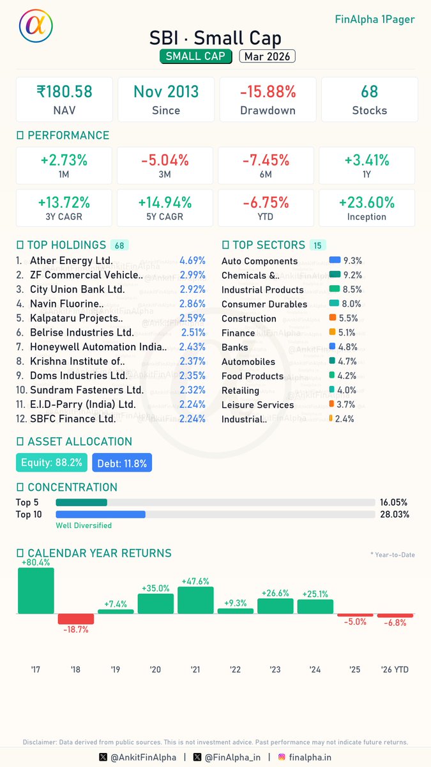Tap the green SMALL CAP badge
(195, 56)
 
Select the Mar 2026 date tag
(267, 56)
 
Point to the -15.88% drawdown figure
(268, 92)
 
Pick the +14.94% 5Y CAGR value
(165, 203)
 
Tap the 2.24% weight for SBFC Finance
(192, 419)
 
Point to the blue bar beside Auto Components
(335, 261)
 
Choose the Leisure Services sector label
(257, 405)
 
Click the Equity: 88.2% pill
(52, 463)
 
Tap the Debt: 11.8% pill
(122, 463)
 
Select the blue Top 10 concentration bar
(101, 514)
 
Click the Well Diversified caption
(84, 525)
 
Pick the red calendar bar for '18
(76, 619)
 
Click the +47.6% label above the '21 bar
(196, 582)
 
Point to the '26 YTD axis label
(395, 669)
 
